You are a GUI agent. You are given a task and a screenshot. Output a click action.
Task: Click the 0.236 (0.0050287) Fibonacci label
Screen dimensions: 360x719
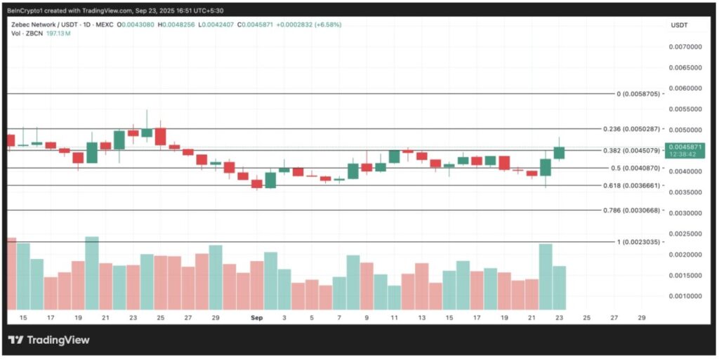[x=631, y=129]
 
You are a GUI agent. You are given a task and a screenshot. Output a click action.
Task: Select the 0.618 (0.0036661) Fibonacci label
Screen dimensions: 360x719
[x=631, y=185]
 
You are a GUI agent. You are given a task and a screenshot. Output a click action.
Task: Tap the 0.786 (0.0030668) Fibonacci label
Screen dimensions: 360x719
[x=631, y=210]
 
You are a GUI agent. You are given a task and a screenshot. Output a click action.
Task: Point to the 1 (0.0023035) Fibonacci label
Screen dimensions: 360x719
[x=639, y=241]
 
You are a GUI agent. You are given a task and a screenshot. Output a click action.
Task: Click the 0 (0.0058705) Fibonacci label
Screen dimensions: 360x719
[x=638, y=93]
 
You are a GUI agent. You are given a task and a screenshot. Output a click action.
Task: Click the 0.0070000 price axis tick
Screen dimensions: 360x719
[x=685, y=47]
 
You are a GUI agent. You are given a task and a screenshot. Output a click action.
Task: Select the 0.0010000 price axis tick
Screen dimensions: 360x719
[x=685, y=296]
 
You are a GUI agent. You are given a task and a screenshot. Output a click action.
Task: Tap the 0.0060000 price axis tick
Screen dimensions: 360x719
[x=685, y=88]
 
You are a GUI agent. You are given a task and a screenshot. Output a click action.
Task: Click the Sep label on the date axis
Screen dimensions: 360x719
[x=257, y=318]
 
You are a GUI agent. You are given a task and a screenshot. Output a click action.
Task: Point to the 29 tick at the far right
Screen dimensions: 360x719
[x=641, y=318]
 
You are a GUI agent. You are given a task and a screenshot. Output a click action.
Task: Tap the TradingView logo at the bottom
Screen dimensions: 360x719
[x=49, y=340]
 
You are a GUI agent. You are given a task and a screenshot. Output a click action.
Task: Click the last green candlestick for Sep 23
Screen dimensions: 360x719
[x=559, y=152]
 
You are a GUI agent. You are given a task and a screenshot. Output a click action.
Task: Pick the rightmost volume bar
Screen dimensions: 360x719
[x=559, y=288]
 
